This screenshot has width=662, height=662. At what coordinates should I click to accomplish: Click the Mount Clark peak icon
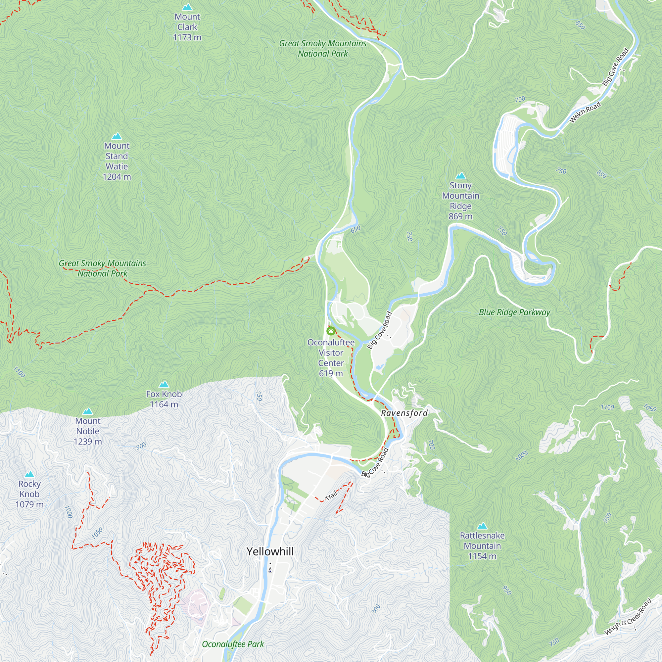187,7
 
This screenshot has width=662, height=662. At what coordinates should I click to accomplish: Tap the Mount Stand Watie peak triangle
117,136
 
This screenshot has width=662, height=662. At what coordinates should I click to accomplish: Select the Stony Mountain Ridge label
460,201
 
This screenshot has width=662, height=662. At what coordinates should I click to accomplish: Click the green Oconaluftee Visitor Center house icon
331,331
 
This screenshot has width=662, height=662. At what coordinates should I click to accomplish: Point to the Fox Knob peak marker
164,384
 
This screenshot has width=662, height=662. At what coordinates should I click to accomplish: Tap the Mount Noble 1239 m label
88,431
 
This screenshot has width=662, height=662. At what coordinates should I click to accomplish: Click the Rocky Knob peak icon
29,475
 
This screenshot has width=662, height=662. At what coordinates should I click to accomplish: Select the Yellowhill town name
270,551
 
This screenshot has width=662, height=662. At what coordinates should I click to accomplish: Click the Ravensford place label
404,413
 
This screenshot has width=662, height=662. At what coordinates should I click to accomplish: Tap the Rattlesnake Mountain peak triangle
482,526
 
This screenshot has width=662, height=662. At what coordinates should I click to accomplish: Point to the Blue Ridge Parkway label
514,312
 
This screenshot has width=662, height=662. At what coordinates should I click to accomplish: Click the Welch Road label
585,112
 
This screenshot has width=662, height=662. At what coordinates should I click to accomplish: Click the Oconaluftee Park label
233,644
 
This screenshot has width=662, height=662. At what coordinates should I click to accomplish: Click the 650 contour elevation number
356,229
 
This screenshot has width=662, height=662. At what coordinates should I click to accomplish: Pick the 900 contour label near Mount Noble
141,446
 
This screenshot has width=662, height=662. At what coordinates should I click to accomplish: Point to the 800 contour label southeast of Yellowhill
376,609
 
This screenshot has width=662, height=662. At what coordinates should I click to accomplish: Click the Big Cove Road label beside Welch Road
615,67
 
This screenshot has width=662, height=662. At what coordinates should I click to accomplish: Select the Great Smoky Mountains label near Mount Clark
322,48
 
